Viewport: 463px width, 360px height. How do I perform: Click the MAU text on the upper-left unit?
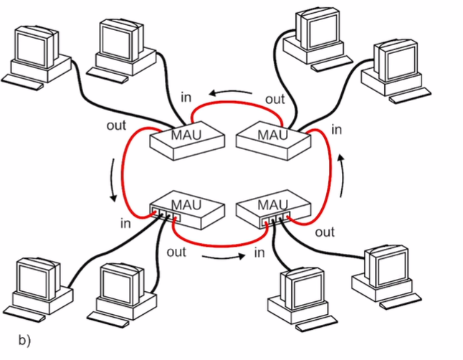[184, 134]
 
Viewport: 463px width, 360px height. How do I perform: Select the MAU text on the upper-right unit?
[272, 134]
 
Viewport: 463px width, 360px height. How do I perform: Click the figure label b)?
[24, 339]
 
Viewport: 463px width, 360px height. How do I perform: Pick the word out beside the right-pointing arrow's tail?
[176, 252]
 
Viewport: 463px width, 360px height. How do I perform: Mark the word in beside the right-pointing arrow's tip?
[259, 252]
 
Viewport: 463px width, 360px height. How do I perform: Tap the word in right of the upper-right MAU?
[337, 130]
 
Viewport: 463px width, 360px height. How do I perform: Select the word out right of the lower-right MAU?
[325, 232]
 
